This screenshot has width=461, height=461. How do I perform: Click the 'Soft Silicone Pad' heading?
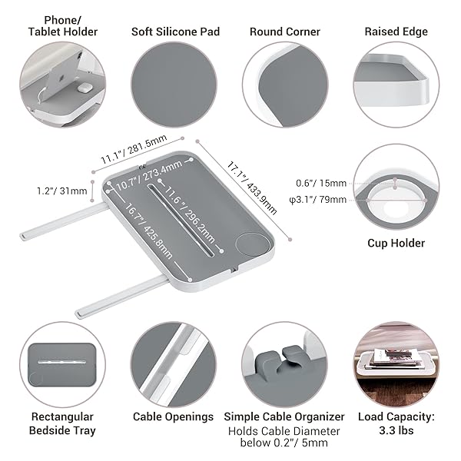click(175, 32)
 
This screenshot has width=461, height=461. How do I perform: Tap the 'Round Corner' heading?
click(285, 32)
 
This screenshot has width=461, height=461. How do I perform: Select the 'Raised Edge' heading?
click(396, 32)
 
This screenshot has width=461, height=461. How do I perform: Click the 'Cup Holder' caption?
click(396, 243)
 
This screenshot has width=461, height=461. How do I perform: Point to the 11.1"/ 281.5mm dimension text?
click(134, 149)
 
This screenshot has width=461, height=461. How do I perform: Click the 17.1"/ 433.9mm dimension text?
click(252, 187)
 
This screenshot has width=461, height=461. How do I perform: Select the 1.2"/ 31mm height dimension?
click(61, 191)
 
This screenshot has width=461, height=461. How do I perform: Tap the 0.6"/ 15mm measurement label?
click(321, 183)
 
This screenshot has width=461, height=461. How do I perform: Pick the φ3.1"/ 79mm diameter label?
click(318, 200)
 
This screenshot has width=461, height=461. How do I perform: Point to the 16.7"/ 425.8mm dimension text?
click(148, 231)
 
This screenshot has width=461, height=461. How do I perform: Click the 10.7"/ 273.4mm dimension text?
click(149, 176)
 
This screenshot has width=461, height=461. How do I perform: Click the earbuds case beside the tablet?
click(85, 87)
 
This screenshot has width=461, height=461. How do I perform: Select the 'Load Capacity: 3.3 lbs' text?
click(396, 423)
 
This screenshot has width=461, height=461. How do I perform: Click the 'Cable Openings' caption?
click(173, 416)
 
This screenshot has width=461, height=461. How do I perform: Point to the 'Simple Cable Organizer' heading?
click(284, 416)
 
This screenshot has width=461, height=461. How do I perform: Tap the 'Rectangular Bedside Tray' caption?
click(62, 423)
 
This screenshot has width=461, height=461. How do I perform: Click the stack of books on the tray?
click(393, 359)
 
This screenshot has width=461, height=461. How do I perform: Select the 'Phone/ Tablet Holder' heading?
click(63, 26)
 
